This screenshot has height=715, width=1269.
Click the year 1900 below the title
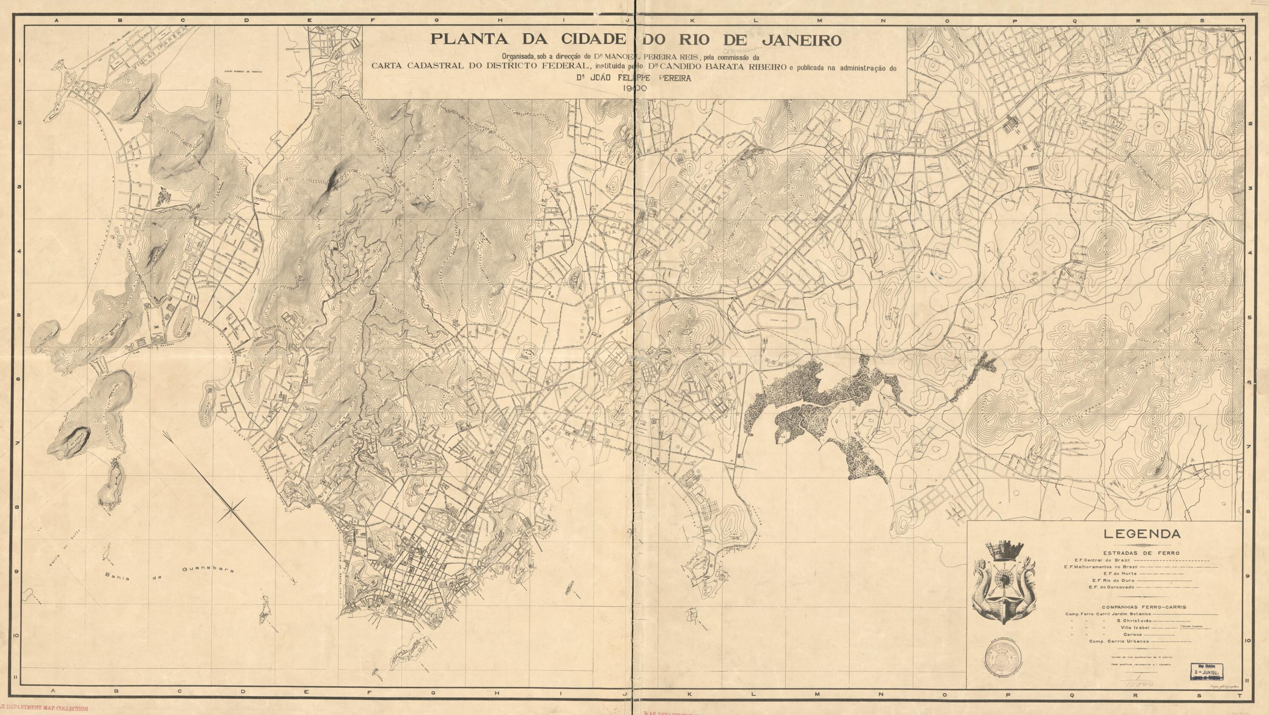pyautogui.click(x=634, y=88)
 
